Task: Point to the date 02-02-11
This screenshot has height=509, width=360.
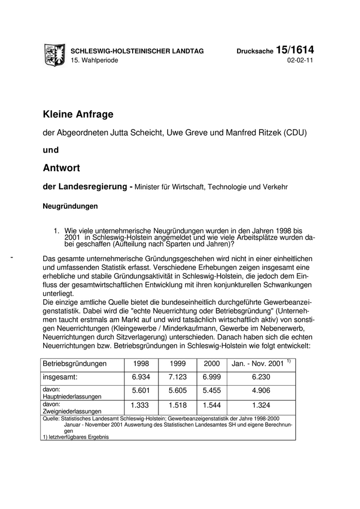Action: [x=300, y=61]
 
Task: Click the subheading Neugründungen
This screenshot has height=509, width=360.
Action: [x=70, y=207]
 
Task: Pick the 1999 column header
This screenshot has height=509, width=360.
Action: [x=177, y=363]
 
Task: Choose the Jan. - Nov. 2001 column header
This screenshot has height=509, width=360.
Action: [x=261, y=363]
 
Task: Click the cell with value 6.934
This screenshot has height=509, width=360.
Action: [x=141, y=378]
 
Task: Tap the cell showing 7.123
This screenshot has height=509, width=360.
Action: [x=177, y=378]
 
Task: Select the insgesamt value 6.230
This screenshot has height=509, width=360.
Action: [x=261, y=378]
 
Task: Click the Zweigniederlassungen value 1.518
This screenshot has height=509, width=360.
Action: [x=177, y=406]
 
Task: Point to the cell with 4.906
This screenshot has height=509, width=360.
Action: [x=261, y=392]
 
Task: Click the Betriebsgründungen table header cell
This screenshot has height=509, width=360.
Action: [x=75, y=363]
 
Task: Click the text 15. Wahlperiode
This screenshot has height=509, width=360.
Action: [x=94, y=61]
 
